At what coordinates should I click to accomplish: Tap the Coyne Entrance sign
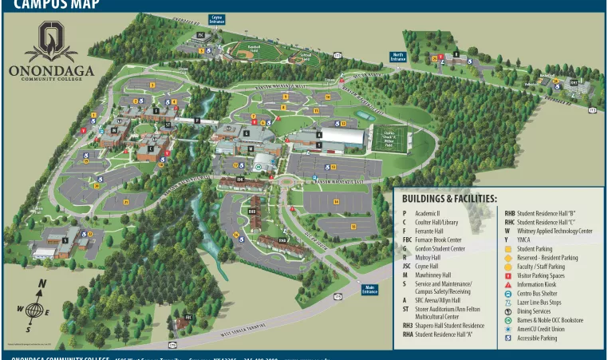pos(216,18)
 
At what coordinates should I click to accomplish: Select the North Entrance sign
pos(397,57)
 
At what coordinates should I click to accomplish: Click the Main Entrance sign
pos(369,290)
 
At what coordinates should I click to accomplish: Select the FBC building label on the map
pos(188,317)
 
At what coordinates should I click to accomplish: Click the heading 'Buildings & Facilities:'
pos(449,199)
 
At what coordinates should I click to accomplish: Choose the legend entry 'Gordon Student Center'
pos(443,248)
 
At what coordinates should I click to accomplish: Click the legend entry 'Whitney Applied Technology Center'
pos(555,231)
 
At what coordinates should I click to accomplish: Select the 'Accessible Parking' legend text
pos(537,338)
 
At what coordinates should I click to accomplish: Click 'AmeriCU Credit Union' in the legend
pos(540,329)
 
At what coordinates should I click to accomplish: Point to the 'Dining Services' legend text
pos(534,311)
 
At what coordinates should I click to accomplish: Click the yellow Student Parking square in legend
pos(508,249)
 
